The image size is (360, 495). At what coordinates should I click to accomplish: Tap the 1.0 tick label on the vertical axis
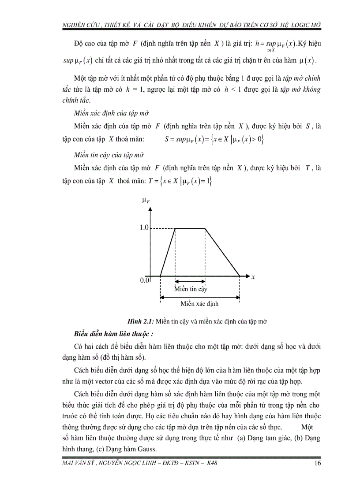point(144,228)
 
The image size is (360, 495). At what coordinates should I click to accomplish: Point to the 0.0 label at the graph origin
point(144,280)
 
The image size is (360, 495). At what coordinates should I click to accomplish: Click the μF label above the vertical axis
point(146,201)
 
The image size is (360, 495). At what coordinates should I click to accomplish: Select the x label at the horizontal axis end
point(253,277)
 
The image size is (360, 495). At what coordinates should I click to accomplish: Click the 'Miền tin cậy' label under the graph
point(190,289)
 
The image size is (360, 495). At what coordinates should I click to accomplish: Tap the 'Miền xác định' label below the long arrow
point(199,304)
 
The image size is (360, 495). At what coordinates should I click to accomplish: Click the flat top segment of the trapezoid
point(190,228)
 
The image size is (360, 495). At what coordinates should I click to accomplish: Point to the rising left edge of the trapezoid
point(168,253)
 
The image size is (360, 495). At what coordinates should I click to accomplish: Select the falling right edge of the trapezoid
point(223,252)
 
